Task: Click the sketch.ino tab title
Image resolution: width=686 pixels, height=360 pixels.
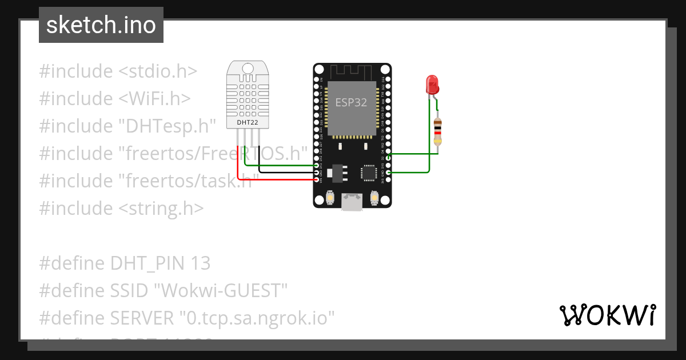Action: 101,25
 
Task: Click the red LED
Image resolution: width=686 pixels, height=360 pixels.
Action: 432,85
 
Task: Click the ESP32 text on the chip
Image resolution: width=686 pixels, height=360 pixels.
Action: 351,103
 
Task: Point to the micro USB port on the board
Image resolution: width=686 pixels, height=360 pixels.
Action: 352,202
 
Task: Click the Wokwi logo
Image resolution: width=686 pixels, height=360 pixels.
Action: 607,315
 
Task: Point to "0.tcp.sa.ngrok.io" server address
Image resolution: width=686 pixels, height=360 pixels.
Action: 257,318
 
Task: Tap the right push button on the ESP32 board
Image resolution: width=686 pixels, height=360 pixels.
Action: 374,198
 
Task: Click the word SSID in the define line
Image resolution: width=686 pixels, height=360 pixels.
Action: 130,291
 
